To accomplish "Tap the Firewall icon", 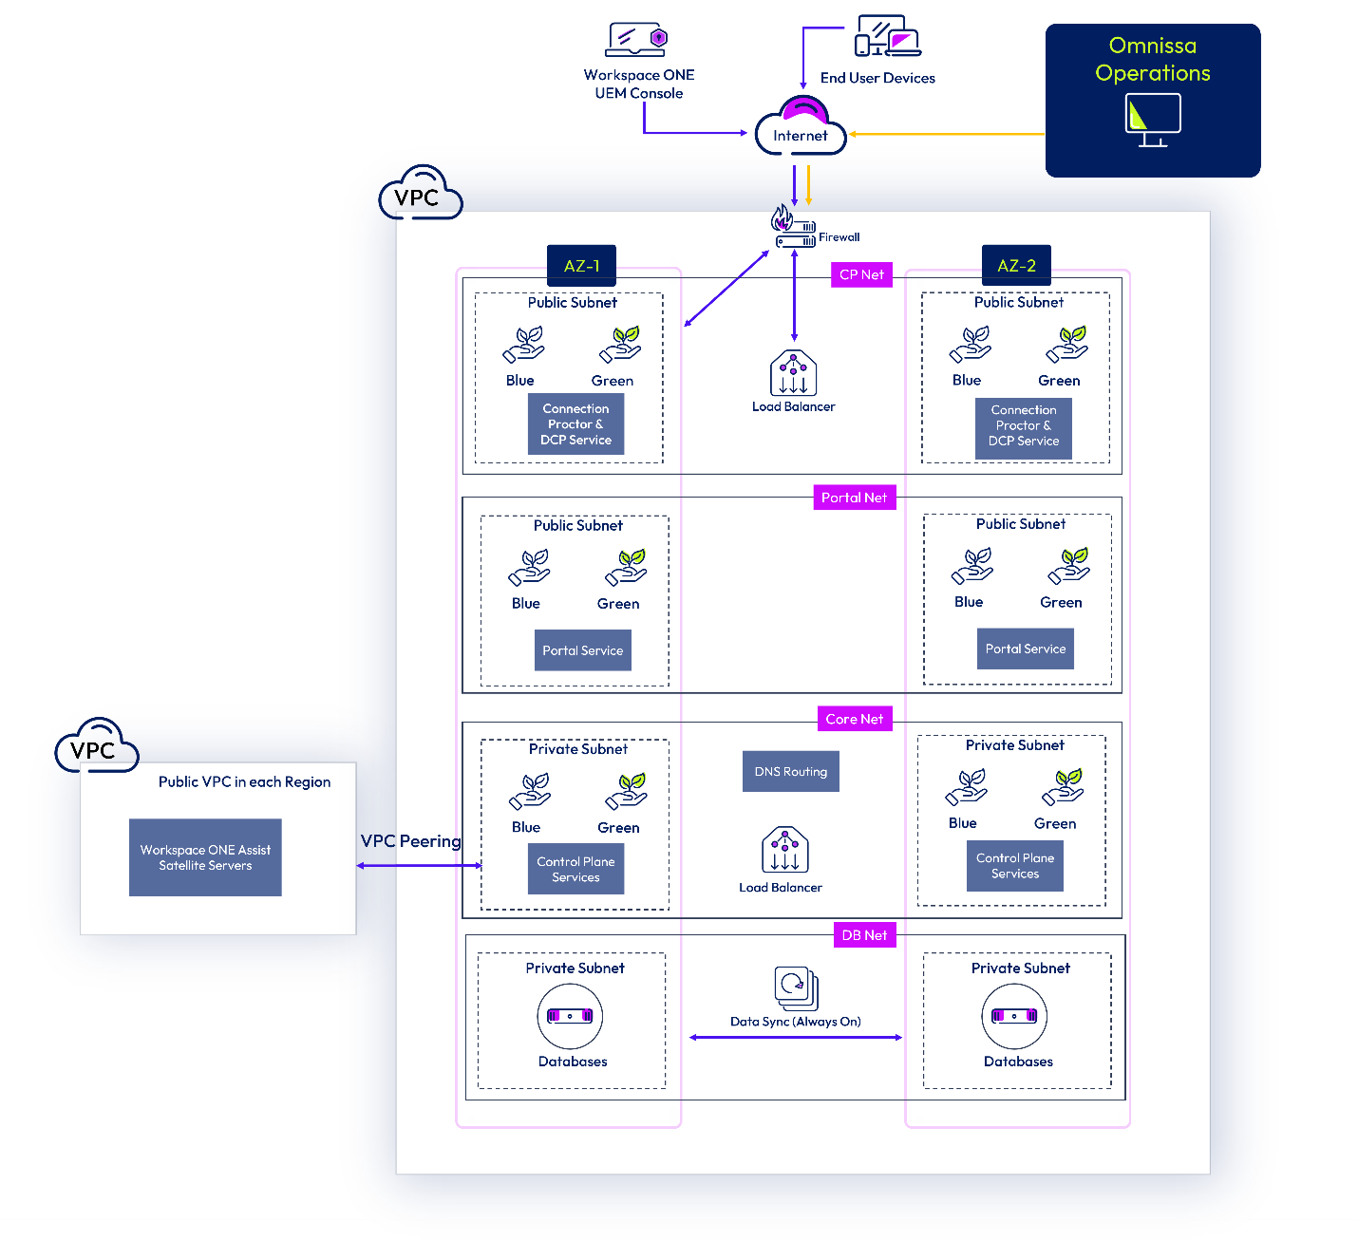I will coord(793,228).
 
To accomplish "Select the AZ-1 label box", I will coord(581,266).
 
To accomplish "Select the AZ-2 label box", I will coord(1016,266).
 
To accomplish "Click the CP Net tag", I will coord(861,274).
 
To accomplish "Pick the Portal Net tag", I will coord(854,498).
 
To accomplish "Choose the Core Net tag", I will coord(854,719).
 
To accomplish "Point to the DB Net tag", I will coord(864,935).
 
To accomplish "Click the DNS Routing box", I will coord(790,772).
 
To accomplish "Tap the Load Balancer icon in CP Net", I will coord(793,373).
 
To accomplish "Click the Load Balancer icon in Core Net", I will coord(784,850).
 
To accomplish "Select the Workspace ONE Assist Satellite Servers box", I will coord(205,857).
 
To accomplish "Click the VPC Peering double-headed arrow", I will coord(419,866).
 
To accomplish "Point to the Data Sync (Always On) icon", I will coord(796,988).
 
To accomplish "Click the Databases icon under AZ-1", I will coord(570,1016).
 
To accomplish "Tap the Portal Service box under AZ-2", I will coord(1025,649).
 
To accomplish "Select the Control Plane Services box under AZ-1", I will coord(575,869).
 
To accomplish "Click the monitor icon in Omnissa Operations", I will coord(1152,120).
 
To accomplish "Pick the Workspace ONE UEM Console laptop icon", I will coord(637,40).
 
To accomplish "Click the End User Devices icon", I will coord(887,36).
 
